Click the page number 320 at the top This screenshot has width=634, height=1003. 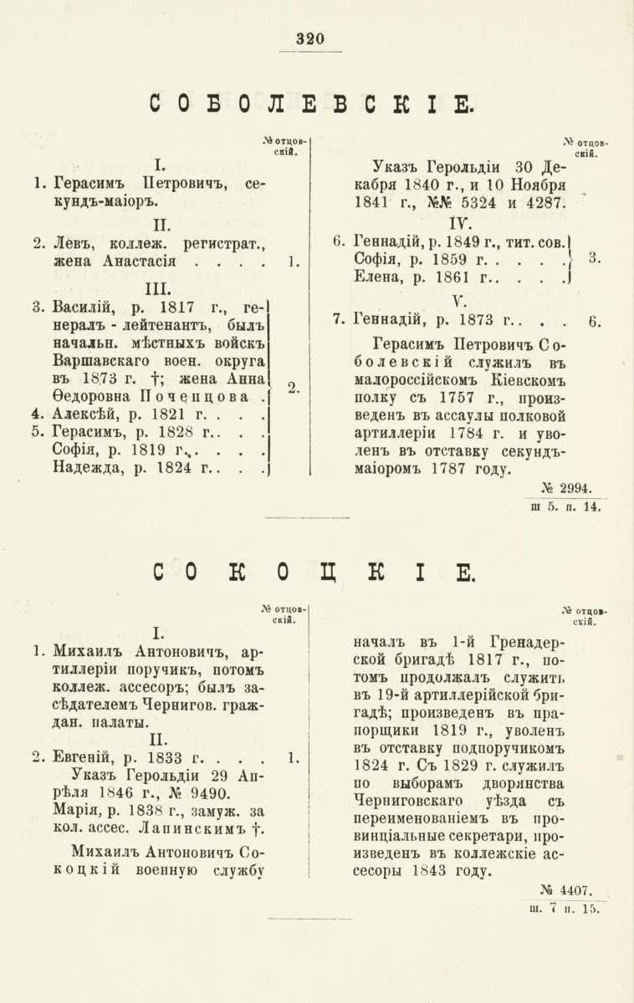(309, 38)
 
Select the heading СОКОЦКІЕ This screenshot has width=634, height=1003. (313, 573)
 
